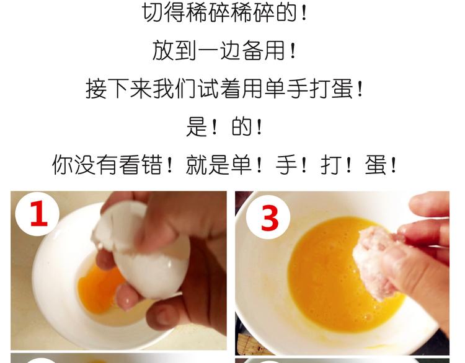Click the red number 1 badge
pos(37,213)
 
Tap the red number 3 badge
pos(268,218)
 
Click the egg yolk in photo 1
pos(99,289)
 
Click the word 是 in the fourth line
pos(197,127)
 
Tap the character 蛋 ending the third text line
pos(342,89)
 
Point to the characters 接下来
pos(118,89)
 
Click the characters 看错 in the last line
pos(141,165)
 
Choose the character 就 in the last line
pos(197,165)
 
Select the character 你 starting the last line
pos(63,165)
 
